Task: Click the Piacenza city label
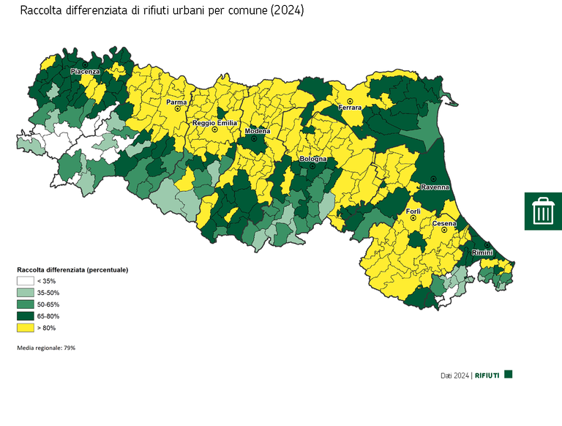pos(85,72)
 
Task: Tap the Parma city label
pos(176,102)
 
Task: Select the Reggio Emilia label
pos(214,123)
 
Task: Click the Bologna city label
pos(312,159)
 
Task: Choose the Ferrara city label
pos(350,108)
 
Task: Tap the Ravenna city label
pos(433,187)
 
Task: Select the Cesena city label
pos(444,223)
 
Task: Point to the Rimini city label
pos(482,253)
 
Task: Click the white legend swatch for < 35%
pos(26,281)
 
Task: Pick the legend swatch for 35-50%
pos(26,293)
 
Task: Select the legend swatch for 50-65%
pos(26,304)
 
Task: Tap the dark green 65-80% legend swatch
pos(26,315)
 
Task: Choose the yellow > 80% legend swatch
pos(26,327)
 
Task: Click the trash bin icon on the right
pos(542,211)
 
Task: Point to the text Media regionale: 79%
pos(46,348)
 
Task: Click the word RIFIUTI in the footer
pos(487,375)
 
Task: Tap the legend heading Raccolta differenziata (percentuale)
pos(72,269)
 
